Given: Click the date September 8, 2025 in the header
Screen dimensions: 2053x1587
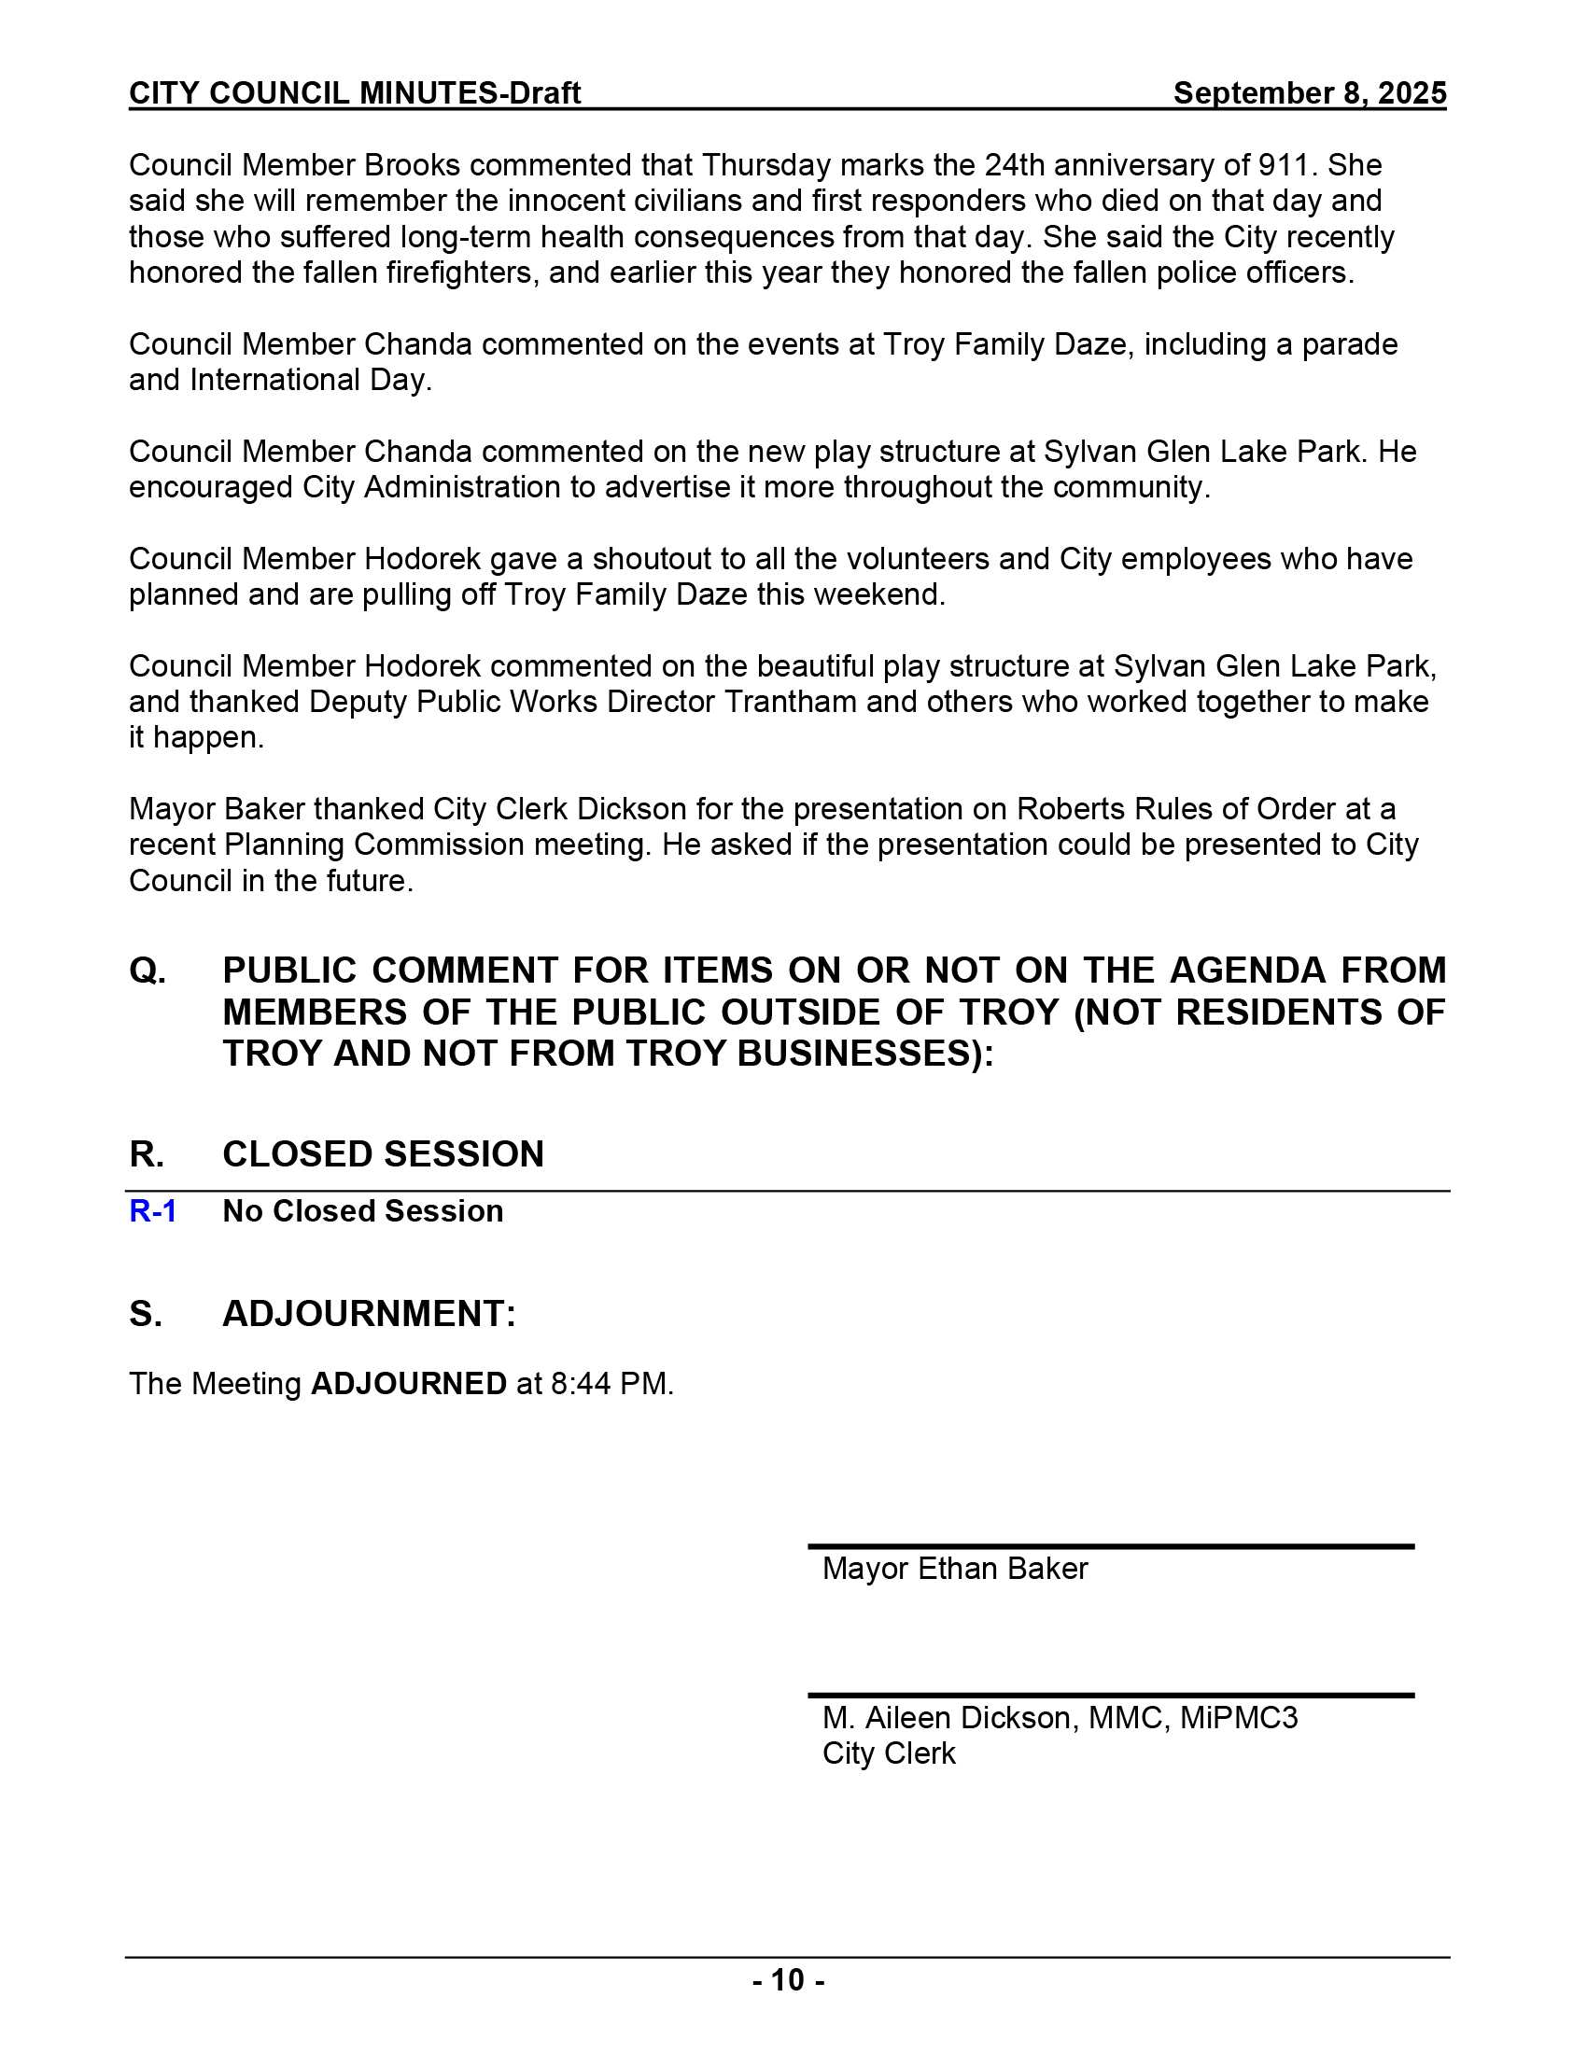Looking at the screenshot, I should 1309,93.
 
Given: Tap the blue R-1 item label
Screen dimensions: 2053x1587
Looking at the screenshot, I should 152,1210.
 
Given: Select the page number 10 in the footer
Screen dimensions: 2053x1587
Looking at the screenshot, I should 789,1980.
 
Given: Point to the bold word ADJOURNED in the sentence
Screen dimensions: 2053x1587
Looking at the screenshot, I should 408,1384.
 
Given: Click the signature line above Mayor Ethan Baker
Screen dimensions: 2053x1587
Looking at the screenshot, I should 1110,1546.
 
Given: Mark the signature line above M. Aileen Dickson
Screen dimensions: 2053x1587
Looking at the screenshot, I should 1110,1696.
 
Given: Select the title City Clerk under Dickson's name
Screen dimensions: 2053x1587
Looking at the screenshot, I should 889,1753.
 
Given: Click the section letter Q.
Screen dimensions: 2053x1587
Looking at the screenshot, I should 147,971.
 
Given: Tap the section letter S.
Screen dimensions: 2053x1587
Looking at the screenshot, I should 146,1313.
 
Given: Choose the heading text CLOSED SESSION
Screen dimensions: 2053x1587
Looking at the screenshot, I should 383,1154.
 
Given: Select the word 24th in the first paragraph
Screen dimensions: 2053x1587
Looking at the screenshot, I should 1014,165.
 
